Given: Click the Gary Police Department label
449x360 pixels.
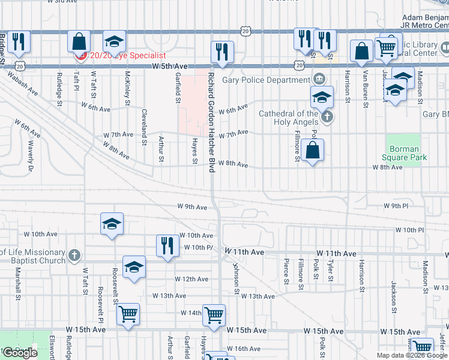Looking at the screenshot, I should [266, 80].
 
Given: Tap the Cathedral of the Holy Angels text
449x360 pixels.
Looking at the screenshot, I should [289, 118].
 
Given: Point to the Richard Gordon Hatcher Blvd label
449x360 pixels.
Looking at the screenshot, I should [211, 123].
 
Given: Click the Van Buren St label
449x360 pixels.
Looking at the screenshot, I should [365, 89].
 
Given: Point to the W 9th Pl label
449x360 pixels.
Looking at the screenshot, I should [396, 206].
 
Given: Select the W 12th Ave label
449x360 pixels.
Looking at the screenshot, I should [191, 279].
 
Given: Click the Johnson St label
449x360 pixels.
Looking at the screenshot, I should [237, 280].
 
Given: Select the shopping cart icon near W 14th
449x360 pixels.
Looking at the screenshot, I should [214, 314].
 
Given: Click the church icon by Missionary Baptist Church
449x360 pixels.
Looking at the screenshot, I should [74, 254].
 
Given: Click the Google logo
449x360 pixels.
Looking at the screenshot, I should [20, 353].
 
